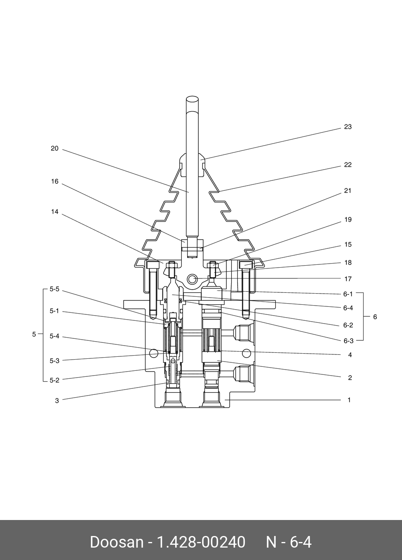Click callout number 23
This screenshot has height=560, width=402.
tap(348, 127)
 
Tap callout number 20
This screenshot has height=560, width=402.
tap(54, 148)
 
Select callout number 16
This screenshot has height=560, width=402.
tap(54, 182)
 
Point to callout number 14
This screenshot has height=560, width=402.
tap(54, 212)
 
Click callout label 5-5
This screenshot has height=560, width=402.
tap(54, 289)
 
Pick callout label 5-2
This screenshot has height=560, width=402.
tap(54, 380)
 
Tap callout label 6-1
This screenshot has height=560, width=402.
tap(348, 294)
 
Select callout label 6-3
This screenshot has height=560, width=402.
tap(348, 341)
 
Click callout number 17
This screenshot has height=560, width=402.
tap(348, 279)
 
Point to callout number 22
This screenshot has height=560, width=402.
tap(348, 165)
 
